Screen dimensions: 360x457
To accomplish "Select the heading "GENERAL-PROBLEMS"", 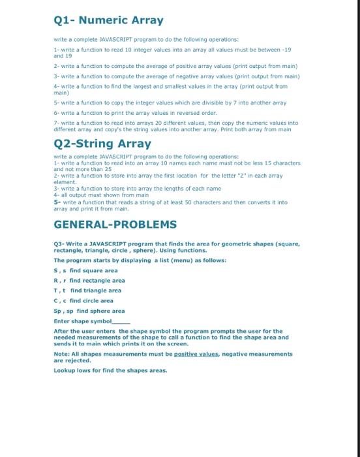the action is (x=115, y=225).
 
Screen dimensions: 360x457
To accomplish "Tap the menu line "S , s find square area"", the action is (x=85, y=270).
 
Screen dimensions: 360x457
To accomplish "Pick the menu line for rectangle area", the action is (x=89, y=280).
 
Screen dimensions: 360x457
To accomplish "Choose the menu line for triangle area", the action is (x=87, y=291).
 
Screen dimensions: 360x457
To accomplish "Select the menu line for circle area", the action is (x=83, y=300).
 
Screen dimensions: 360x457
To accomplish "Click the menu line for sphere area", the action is (x=89, y=311).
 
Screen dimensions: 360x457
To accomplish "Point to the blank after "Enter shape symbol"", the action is (x=121, y=321).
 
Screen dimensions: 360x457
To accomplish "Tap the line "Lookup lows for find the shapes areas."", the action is (x=110, y=370).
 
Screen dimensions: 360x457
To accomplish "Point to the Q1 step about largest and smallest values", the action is (x=170, y=86).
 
